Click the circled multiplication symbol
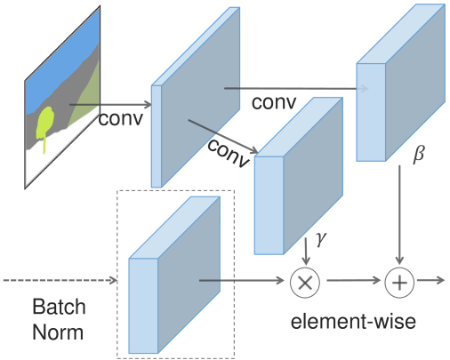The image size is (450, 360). [305, 283]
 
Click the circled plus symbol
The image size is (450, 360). [399, 283]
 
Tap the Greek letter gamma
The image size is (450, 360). [321, 238]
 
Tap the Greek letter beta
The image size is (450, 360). [419, 155]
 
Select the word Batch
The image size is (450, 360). [59, 307]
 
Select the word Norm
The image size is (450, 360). [58, 332]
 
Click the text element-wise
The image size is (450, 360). [353, 322]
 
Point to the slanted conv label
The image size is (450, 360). [229, 154]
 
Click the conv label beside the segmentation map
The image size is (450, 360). [121, 118]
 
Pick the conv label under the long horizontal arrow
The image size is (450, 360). [274, 102]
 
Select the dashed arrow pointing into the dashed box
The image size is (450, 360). [60, 280]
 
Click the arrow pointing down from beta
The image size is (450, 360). [399, 214]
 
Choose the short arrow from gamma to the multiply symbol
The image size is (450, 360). [306, 251]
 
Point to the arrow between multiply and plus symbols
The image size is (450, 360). [354, 280]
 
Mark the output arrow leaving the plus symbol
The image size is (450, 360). [431, 280]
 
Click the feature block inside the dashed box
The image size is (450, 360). [174, 275]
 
